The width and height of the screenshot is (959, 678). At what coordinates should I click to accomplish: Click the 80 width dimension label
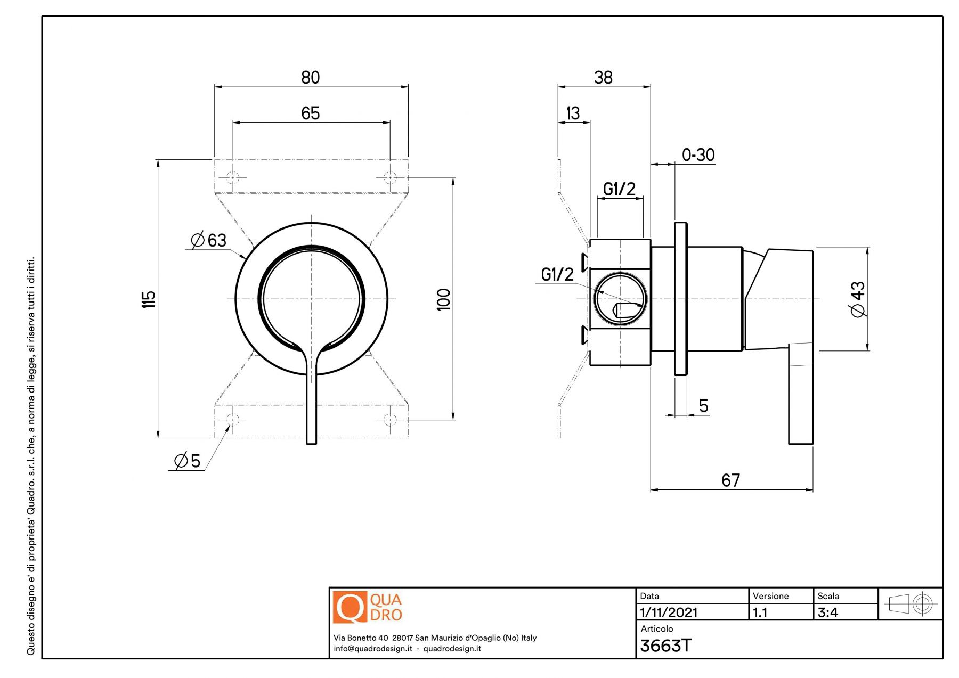[x=311, y=78]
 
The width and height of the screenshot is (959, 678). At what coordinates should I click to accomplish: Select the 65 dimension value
[x=311, y=113]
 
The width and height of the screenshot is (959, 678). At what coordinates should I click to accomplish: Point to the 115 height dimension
[x=149, y=299]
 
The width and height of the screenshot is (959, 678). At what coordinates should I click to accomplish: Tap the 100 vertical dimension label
[x=443, y=299]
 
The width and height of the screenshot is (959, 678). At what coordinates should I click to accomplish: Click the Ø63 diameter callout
[x=209, y=240]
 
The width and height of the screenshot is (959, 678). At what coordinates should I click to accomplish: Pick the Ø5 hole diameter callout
[x=188, y=461]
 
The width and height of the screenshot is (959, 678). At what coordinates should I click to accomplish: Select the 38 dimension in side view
[x=603, y=78]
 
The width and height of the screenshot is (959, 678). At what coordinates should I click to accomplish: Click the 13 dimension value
[x=573, y=113]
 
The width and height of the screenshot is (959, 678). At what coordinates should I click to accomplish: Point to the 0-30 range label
[x=698, y=155]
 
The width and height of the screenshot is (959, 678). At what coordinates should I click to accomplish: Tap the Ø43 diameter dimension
[x=858, y=299]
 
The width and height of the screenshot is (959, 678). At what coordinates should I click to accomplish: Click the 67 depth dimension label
[x=730, y=480]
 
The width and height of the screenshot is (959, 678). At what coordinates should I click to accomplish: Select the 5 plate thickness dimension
[x=703, y=406]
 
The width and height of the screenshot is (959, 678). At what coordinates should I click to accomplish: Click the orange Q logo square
[x=350, y=607]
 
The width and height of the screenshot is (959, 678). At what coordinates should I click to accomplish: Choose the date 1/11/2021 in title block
[x=669, y=612]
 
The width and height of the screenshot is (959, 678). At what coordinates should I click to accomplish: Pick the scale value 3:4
[x=827, y=612]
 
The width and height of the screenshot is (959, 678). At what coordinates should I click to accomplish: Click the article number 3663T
[x=665, y=646]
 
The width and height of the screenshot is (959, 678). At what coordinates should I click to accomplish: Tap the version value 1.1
[x=760, y=612]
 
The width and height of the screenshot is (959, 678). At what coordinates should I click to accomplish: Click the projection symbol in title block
[x=911, y=604]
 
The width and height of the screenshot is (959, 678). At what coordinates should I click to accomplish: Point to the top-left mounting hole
[x=233, y=177]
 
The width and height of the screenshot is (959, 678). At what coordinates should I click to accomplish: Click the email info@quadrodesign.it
[x=372, y=649]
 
